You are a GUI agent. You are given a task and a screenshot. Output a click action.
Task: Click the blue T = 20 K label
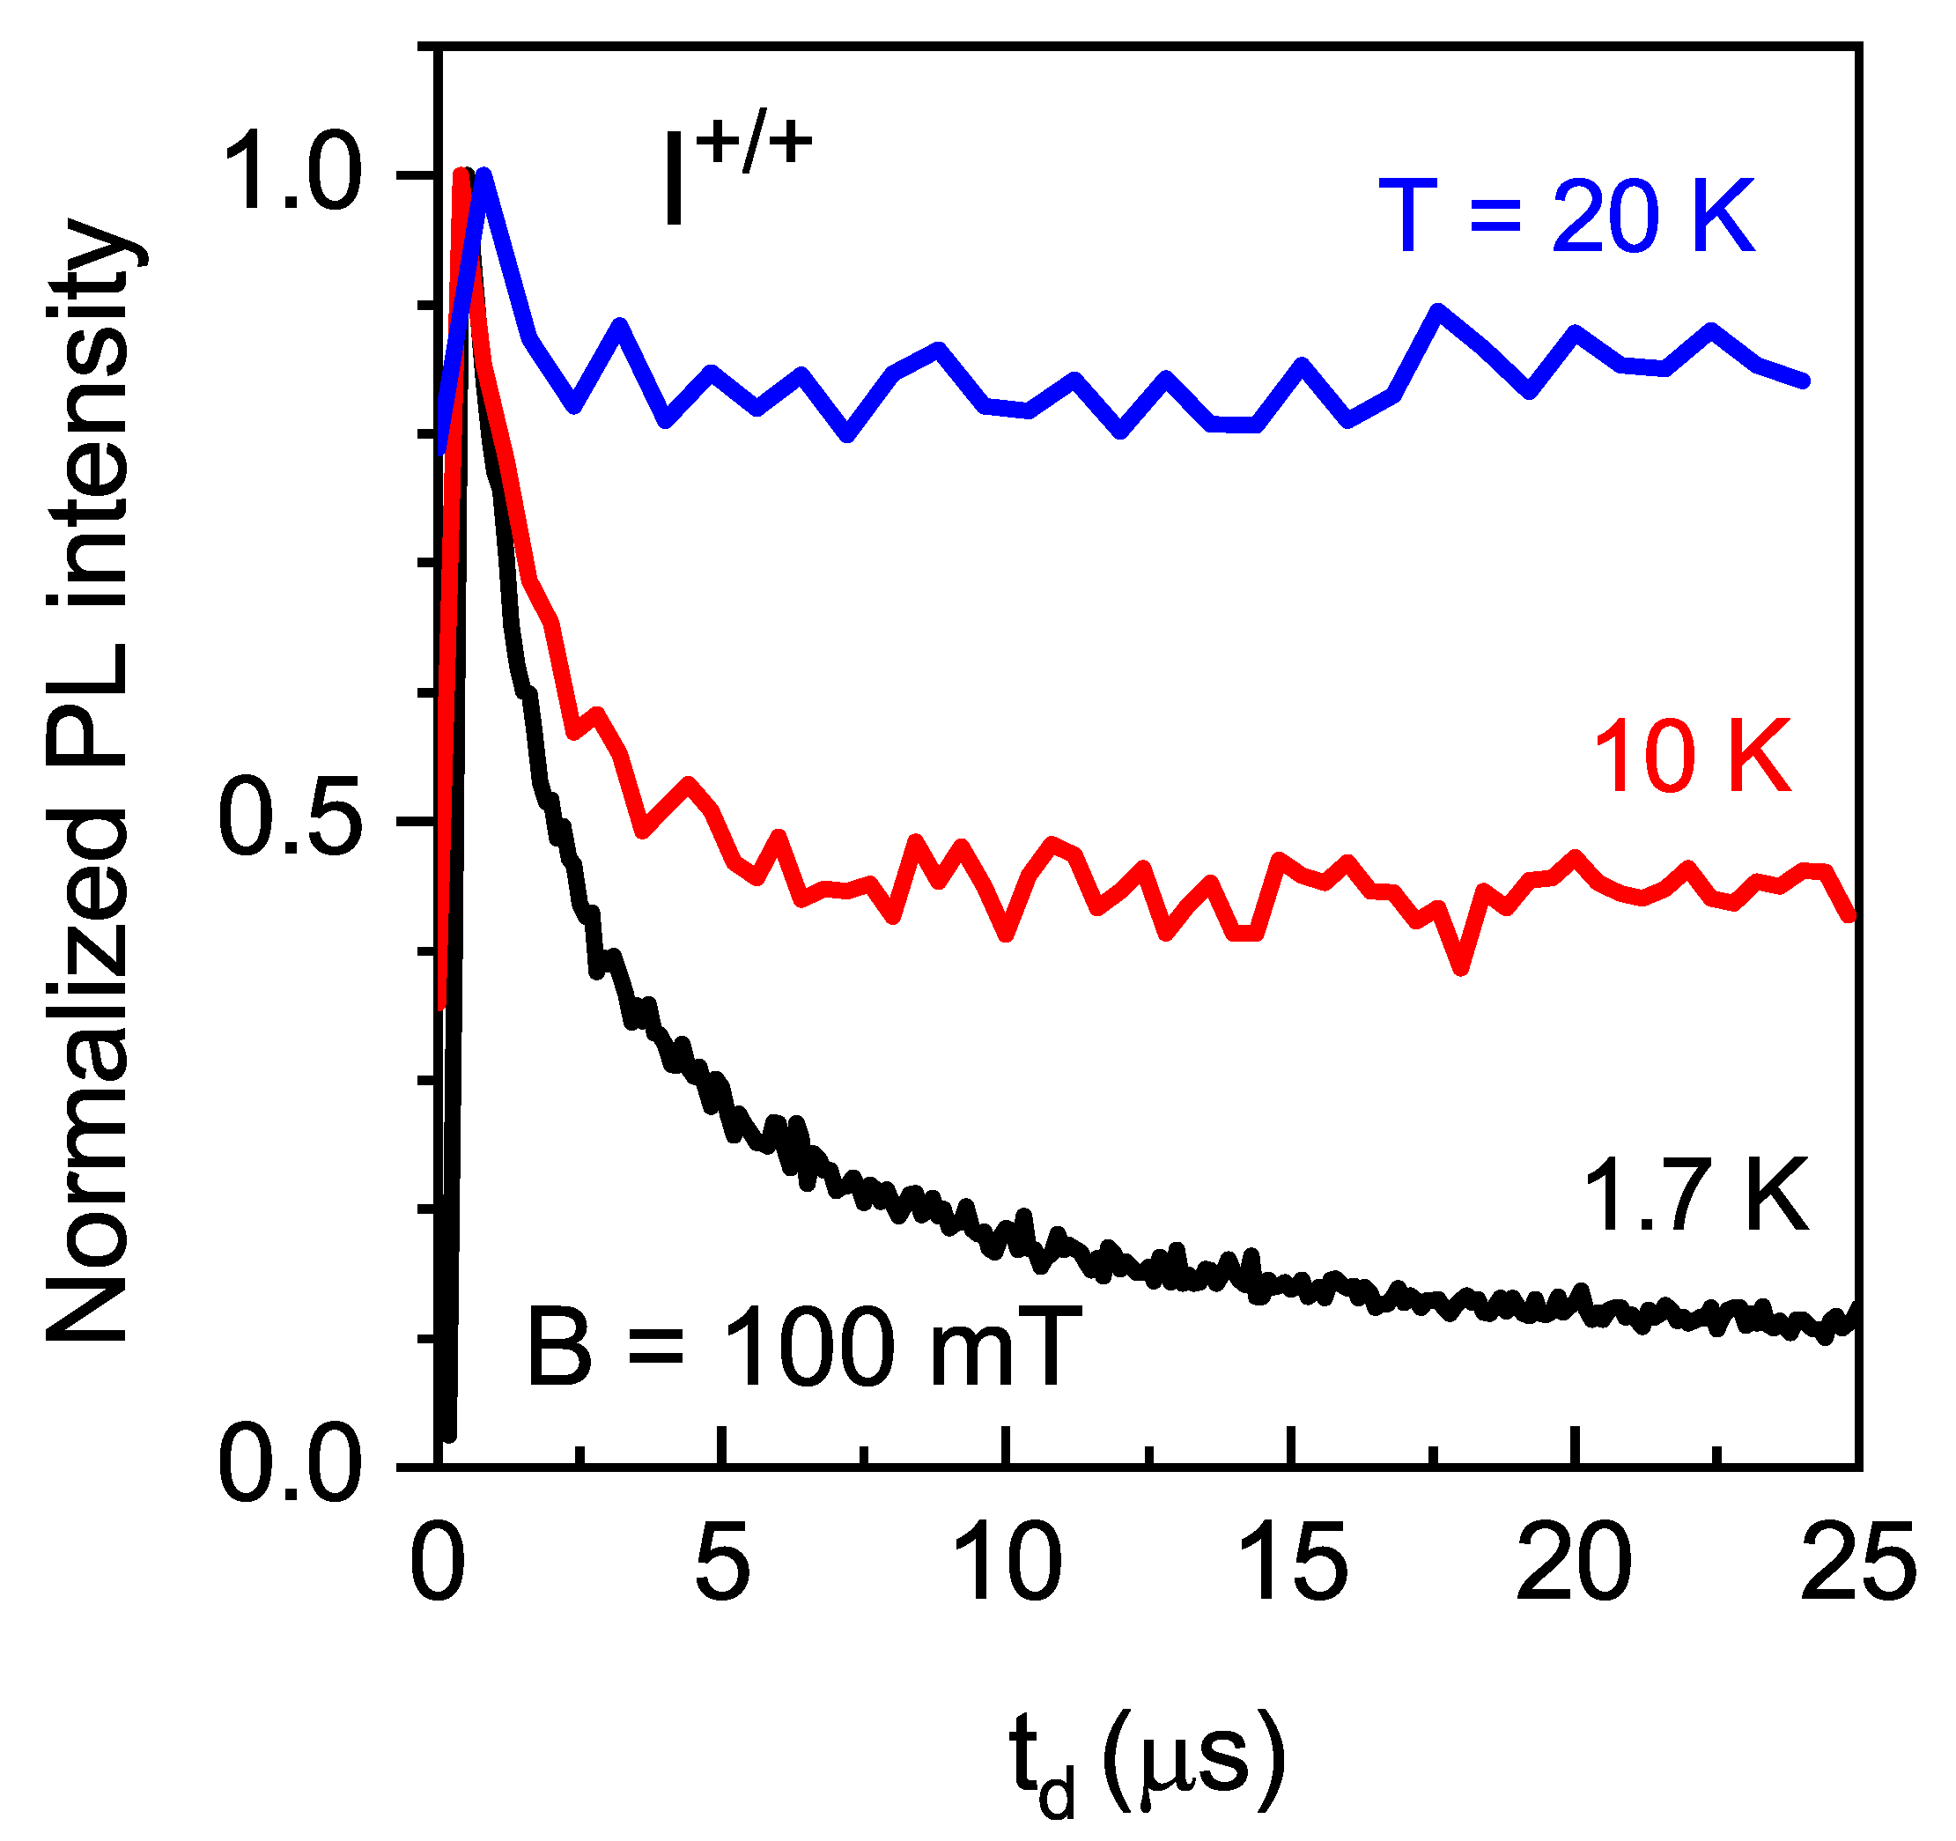click(x=1567, y=218)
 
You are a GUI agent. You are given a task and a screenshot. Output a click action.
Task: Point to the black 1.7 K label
click(x=1696, y=1195)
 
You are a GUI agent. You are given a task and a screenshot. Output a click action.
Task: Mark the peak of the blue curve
click(x=484, y=175)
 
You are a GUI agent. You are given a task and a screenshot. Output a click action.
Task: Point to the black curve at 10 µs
click(x=1008, y=1242)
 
